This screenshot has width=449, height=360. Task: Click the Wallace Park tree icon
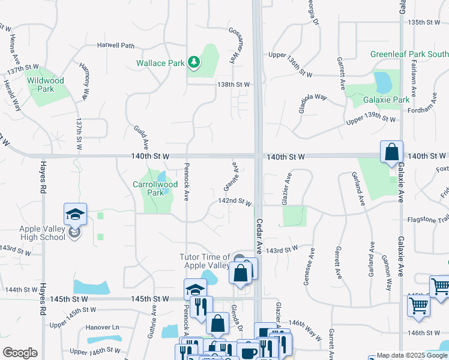(x=193, y=62)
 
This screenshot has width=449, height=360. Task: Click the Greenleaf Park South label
(x=409, y=54)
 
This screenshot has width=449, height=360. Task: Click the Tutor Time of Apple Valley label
(x=205, y=261)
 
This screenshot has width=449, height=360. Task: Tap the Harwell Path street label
(x=116, y=45)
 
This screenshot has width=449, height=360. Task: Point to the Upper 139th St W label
(x=372, y=118)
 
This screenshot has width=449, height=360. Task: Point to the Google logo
(x=20, y=352)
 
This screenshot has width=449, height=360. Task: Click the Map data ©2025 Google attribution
(x=412, y=355)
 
